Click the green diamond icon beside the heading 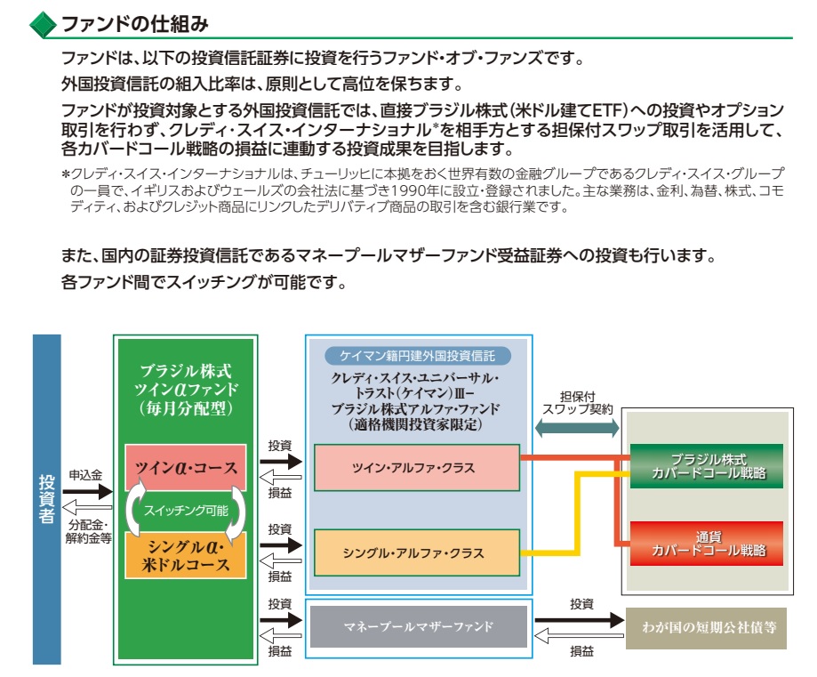point(43,25)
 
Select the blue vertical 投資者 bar point(47,499)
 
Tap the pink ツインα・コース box point(186,468)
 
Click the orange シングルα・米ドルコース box point(186,555)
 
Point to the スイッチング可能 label point(186,510)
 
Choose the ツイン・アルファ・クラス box point(417,468)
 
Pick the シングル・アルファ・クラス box point(417,552)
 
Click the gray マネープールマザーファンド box point(419,626)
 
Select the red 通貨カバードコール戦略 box point(707,544)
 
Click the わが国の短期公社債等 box point(706,628)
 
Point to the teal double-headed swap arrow point(577,428)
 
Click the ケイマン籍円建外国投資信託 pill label point(418,356)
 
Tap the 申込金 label point(85,475)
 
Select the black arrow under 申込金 point(87,491)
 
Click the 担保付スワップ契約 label point(577,403)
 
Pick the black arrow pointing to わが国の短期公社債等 point(580,620)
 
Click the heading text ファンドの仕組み point(135,24)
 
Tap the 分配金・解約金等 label point(89,531)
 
